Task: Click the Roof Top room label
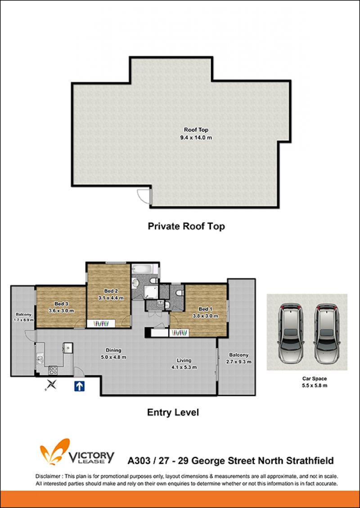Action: coord(196,130)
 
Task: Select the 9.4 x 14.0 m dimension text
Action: coord(196,138)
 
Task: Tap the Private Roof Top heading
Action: coord(186,226)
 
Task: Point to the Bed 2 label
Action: coord(111,291)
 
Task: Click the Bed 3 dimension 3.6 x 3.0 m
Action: coord(61,311)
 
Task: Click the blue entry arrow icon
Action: coord(80,386)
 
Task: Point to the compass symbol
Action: coord(51,384)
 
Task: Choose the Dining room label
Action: coord(113,350)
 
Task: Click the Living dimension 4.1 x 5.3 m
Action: coord(184,367)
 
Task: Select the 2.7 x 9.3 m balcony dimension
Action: coord(238,362)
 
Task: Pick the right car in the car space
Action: coord(325,333)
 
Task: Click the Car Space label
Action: coord(314,379)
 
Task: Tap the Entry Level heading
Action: coord(173,412)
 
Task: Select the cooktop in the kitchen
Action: coord(53,370)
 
